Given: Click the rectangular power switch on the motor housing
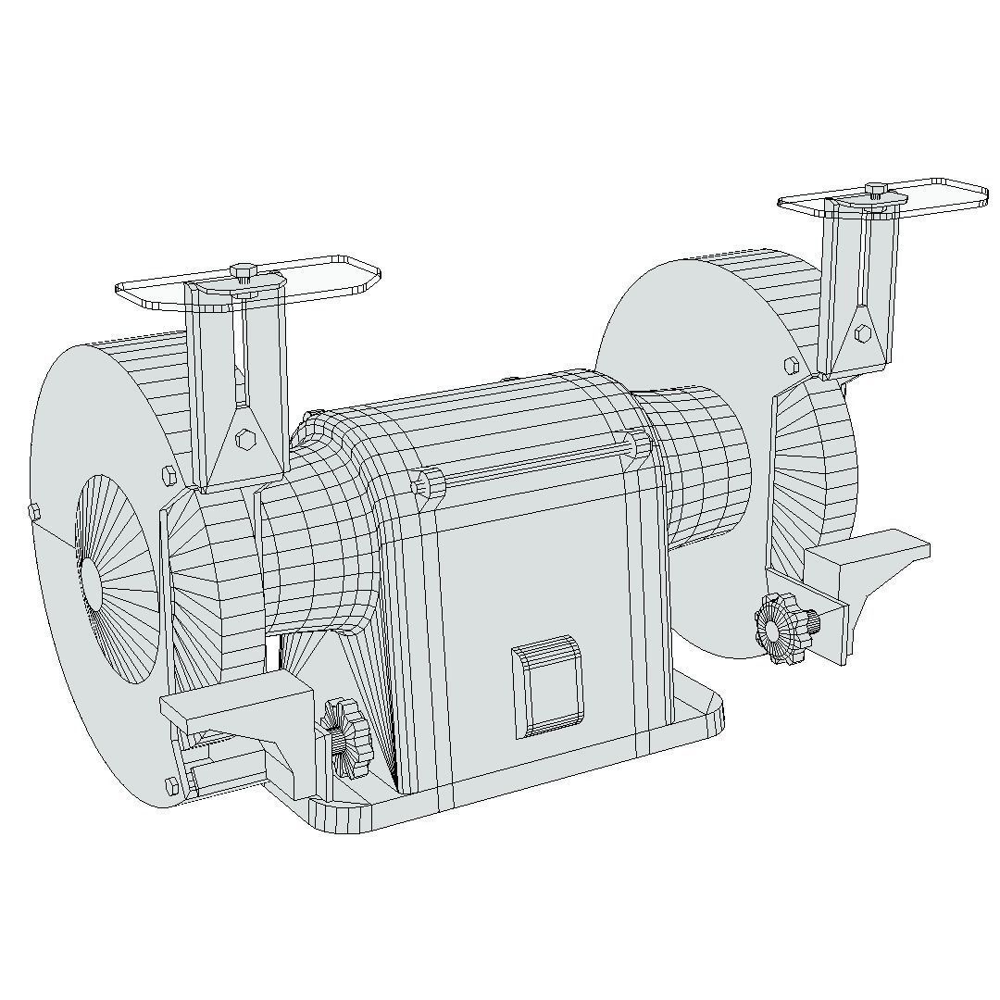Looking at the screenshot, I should pos(547,686).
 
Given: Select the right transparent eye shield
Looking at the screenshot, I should pos(935,194).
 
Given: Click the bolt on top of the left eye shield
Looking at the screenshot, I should pos(244,271).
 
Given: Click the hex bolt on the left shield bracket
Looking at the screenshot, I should pos(245,439).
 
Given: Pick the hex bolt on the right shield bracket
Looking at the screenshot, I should pos(863,333).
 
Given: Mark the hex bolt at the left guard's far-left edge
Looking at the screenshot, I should pos(34,511).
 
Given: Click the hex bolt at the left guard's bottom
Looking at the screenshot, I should pos(170,786).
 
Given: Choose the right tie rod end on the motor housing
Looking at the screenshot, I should pos(639,444).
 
